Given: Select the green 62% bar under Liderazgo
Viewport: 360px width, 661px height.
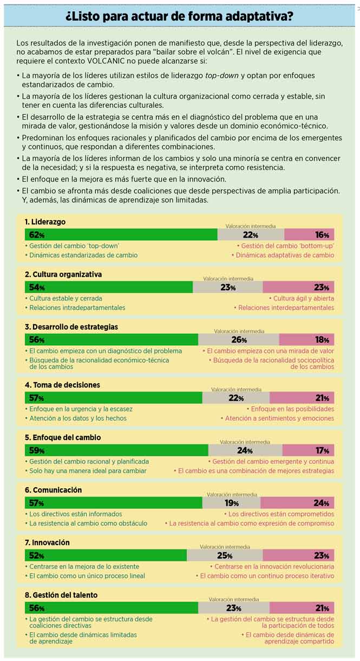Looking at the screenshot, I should [121, 235].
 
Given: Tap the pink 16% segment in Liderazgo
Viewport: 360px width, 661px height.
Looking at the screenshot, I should [309, 235].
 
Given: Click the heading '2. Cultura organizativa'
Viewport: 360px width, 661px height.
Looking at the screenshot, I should [63, 274].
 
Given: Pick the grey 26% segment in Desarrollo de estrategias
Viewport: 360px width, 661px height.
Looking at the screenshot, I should [239, 340].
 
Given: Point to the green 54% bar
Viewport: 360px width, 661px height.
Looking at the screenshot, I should [108, 287].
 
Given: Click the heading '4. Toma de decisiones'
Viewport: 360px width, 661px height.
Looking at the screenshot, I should [62, 385].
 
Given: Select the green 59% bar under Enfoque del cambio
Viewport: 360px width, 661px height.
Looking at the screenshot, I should [116, 450].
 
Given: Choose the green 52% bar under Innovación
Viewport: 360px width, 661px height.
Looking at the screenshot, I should [106, 555].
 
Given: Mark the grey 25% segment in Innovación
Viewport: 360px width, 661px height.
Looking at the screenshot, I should [225, 555].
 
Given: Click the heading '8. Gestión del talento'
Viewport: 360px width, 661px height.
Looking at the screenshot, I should [61, 595].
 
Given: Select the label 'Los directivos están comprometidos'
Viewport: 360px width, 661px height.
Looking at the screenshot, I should [281, 514].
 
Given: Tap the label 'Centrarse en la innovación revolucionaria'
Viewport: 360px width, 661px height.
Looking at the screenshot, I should [274, 566].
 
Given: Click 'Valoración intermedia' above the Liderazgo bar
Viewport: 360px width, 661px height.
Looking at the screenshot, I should [251, 226].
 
